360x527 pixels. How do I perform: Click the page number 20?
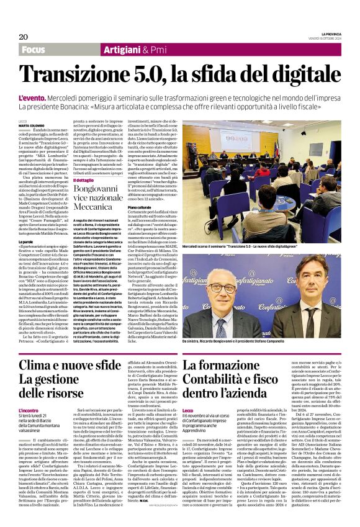[23, 37]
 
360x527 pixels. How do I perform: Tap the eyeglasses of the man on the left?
[220, 288]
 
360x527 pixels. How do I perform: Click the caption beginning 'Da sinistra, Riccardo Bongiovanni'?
[236, 341]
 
